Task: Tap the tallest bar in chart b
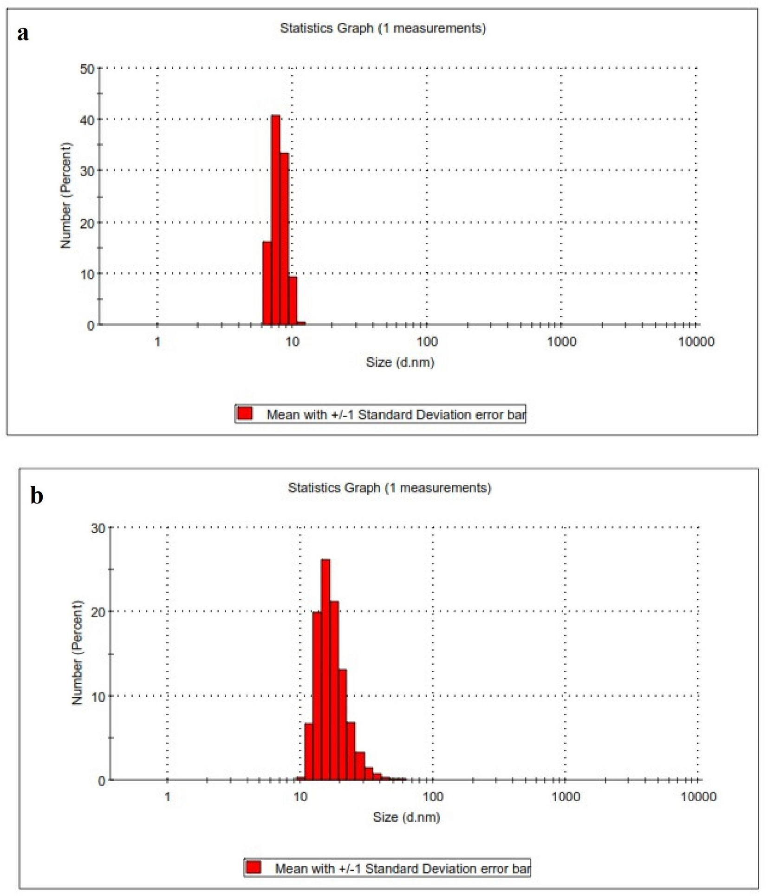click(325, 669)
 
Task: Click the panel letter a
click(23, 33)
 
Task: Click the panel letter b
click(37, 496)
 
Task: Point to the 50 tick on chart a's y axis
click(87, 69)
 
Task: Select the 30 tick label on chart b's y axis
click(98, 529)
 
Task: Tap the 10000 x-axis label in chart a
click(696, 342)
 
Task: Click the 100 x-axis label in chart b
click(433, 797)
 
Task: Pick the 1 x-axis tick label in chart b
click(168, 797)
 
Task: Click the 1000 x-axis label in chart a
click(561, 342)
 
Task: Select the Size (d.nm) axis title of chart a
click(400, 362)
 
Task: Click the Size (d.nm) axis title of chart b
click(406, 817)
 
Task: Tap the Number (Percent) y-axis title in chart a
click(66, 195)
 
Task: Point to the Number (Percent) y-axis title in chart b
click(77, 653)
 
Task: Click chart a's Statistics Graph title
click(383, 28)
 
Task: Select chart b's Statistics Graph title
click(390, 488)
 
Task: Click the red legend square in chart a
click(245, 413)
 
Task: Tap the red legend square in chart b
click(254, 868)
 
